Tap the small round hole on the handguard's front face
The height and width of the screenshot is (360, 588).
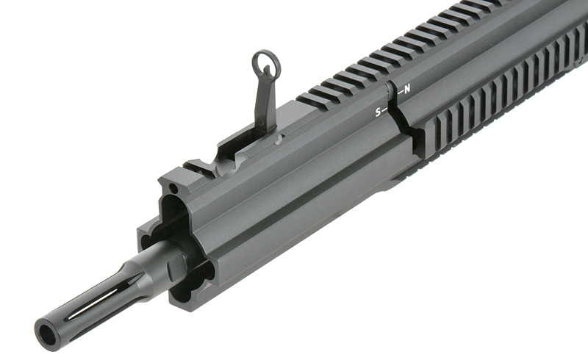(x=173, y=190)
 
